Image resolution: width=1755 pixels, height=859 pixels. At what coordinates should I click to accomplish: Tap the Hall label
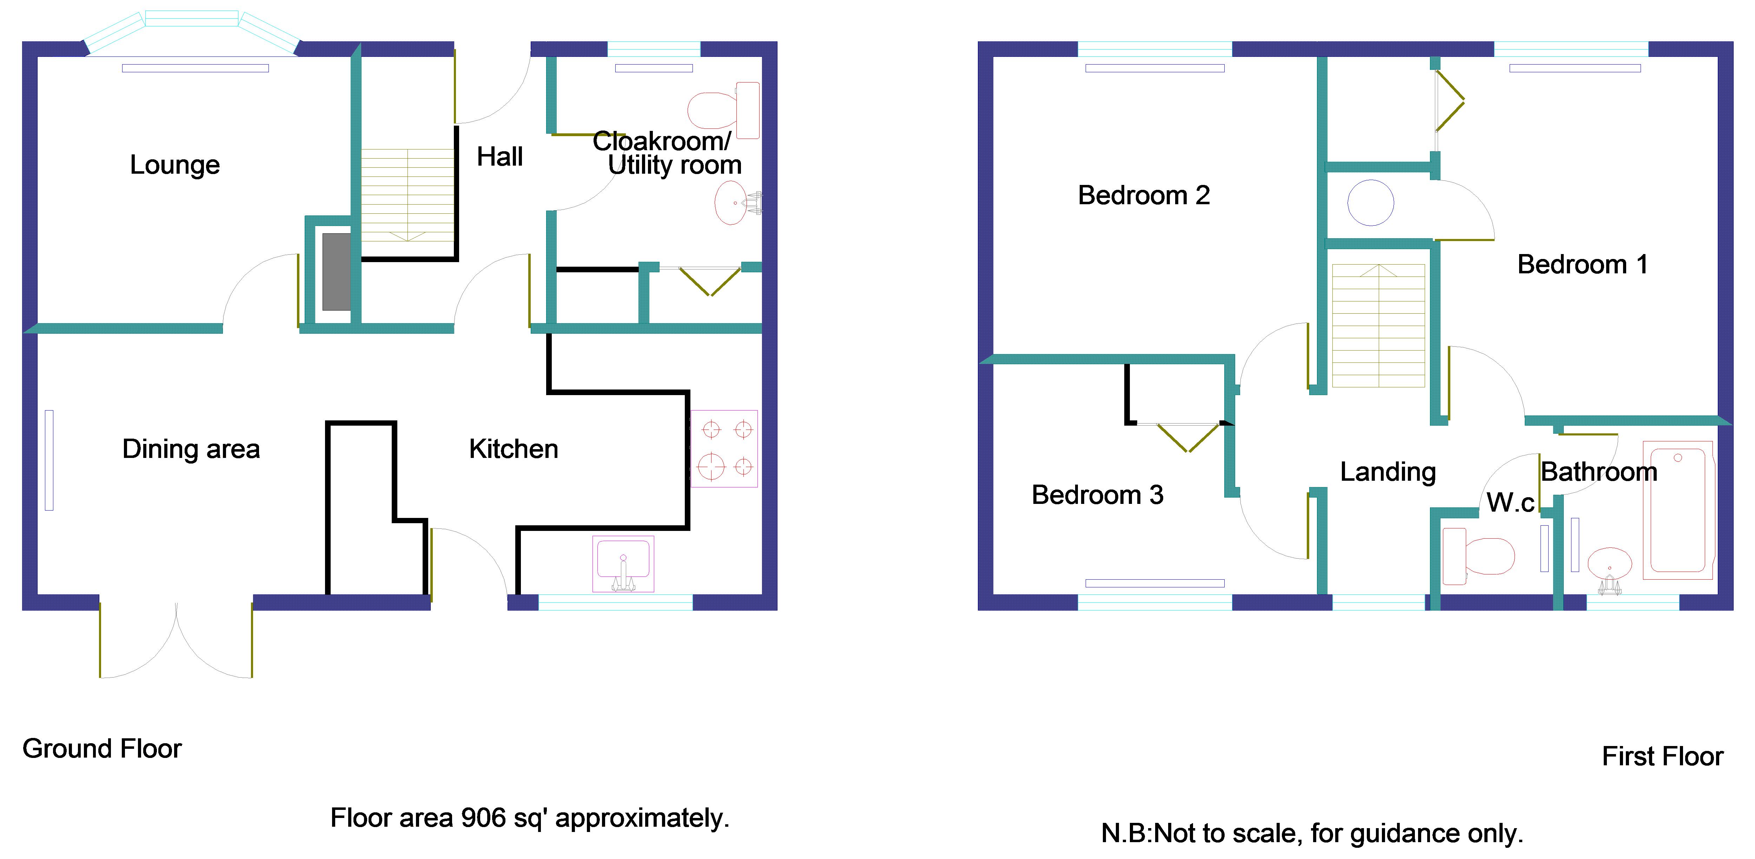click(x=499, y=157)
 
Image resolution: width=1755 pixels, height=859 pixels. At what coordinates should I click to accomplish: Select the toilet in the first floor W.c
click(x=1478, y=556)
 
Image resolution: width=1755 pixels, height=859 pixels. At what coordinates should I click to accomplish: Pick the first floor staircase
click(x=1378, y=326)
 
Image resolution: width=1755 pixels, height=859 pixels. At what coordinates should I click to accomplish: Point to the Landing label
click(x=1388, y=471)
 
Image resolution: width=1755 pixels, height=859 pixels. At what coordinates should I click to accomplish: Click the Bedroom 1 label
click(x=1582, y=264)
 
